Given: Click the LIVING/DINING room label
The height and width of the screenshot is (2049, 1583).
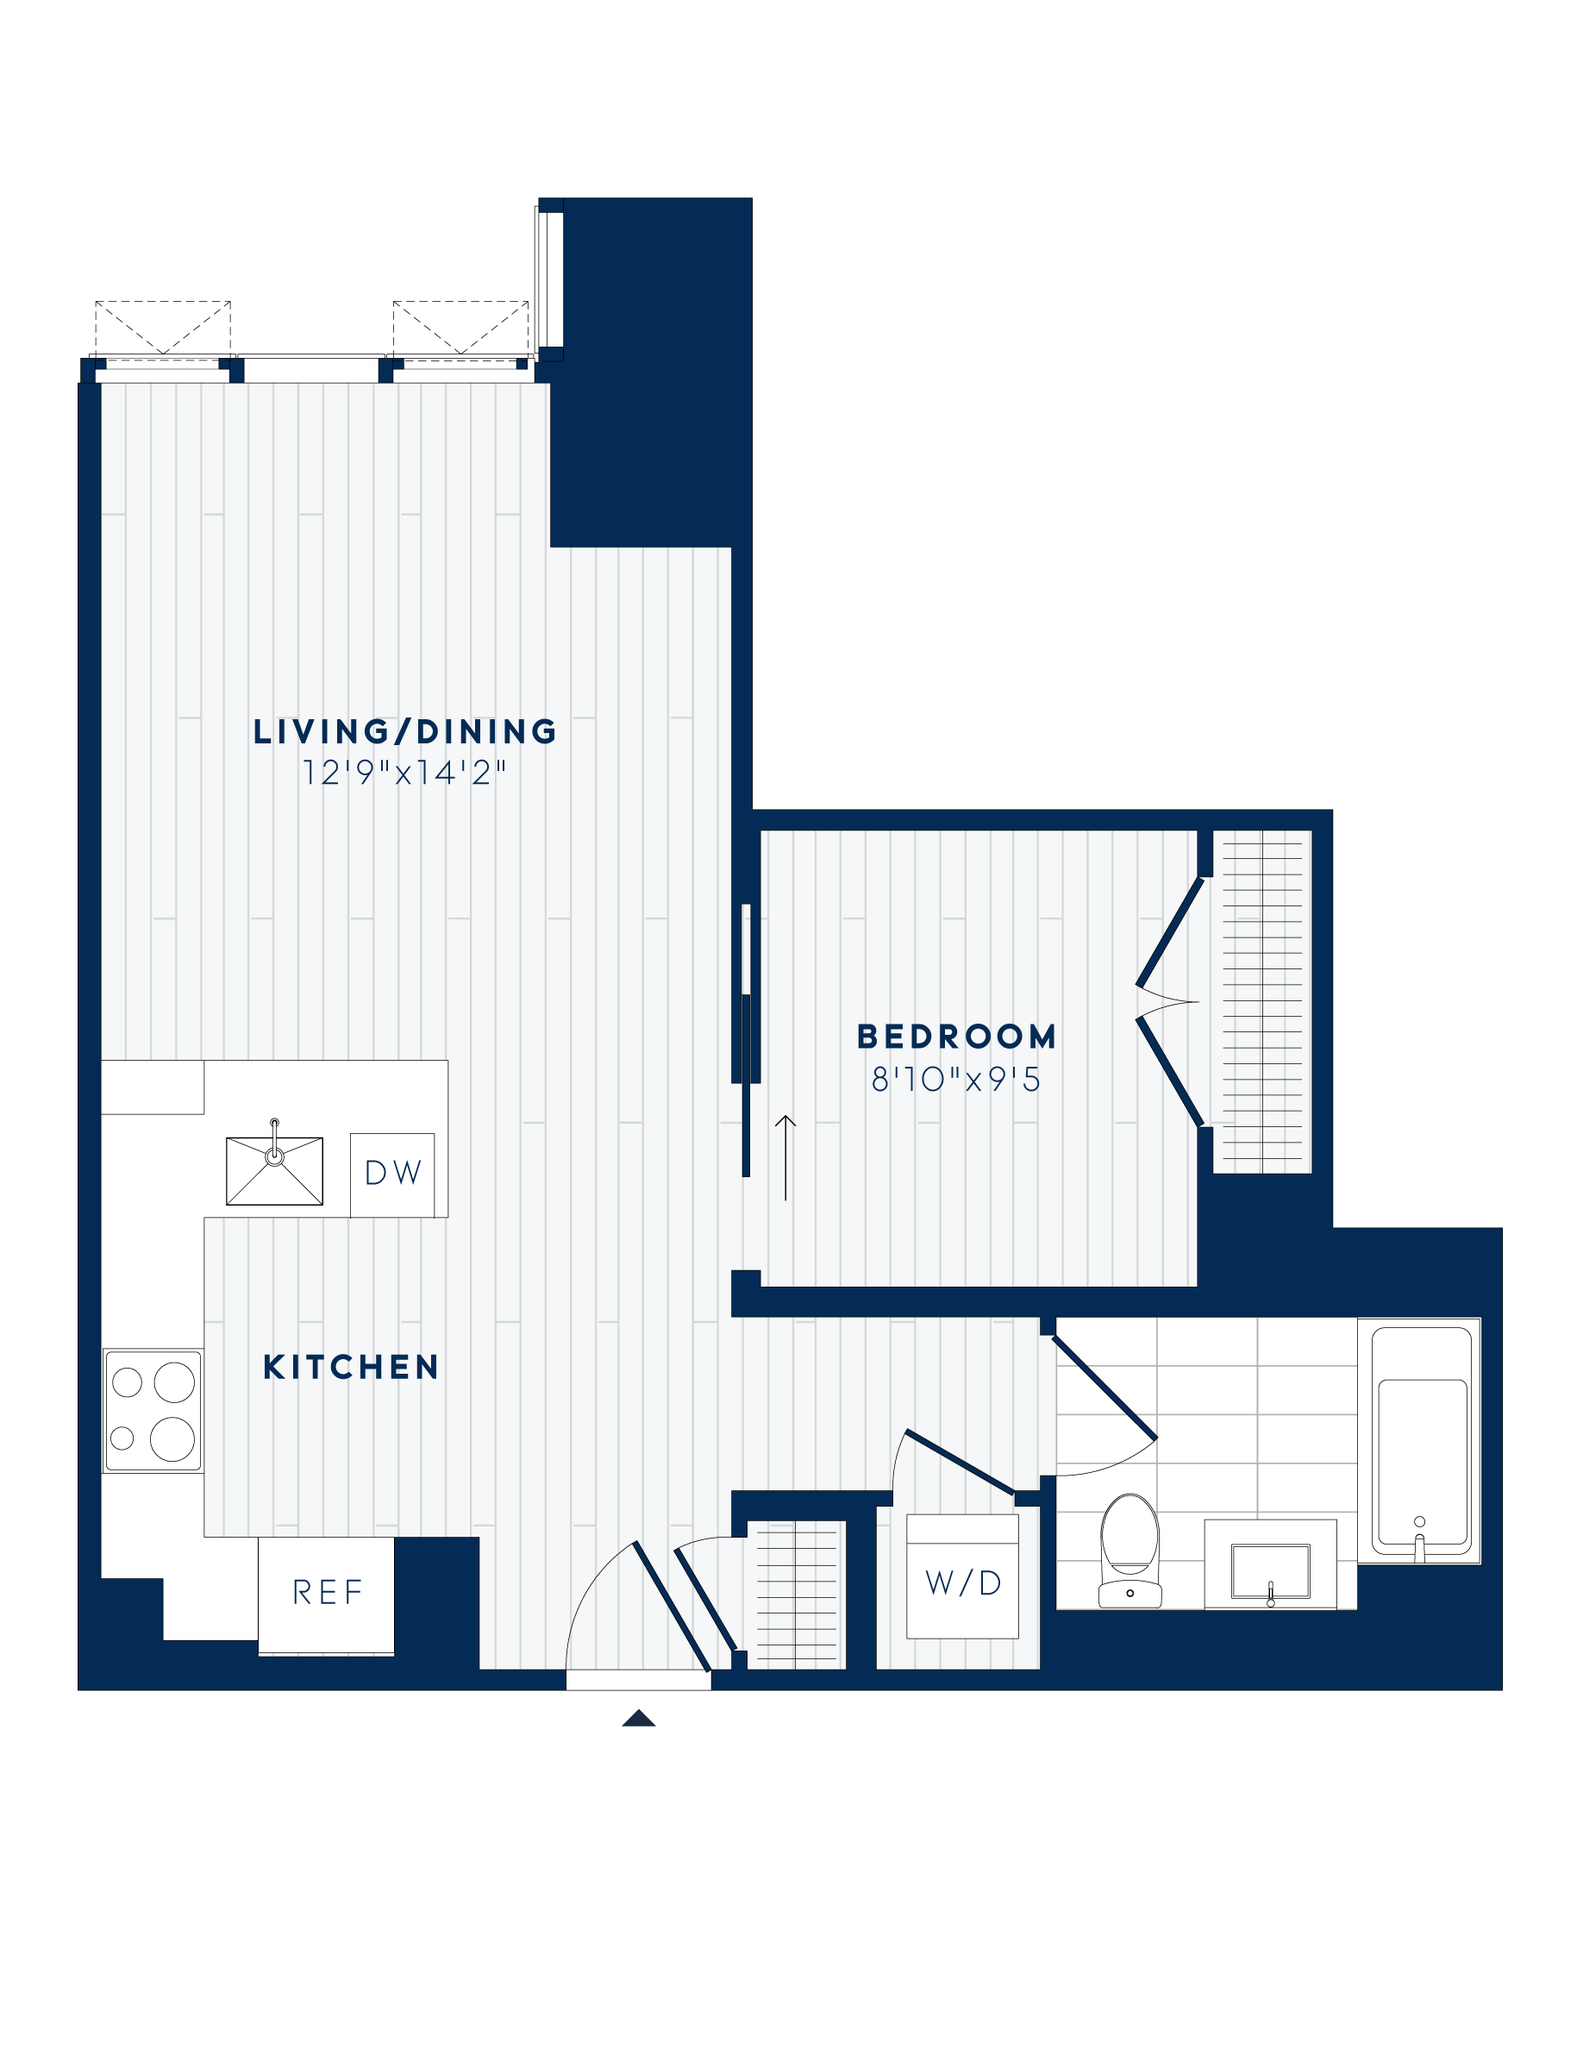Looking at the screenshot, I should tap(404, 732).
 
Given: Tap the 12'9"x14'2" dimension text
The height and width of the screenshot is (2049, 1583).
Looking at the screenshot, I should tap(404, 773).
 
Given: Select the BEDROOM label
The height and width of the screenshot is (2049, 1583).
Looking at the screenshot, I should tap(956, 1037).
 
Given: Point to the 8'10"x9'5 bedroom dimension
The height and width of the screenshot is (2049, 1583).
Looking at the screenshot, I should tap(956, 1080).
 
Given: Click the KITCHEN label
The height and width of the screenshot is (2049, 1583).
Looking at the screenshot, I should tap(351, 1368).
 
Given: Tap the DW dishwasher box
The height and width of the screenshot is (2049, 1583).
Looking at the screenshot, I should tap(392, 1174).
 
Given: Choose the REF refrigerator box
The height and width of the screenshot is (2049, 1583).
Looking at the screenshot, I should tap(327, 1592).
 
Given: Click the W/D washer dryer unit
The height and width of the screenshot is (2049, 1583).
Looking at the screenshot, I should tap(962, 1582).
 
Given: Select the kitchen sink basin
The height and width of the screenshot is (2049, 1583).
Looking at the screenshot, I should tap(275, 1171).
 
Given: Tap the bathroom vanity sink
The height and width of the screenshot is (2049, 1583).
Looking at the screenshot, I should tap(1270, 1570).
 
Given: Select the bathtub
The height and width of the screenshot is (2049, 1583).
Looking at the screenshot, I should tap(1420, 1444).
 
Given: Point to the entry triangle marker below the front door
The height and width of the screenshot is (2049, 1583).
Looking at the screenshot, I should tap(639, 1718).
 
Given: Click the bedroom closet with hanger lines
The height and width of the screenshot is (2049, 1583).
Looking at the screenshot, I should tap(1262, 1001).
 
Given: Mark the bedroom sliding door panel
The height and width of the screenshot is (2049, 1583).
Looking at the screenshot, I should tap(747, 1042).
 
